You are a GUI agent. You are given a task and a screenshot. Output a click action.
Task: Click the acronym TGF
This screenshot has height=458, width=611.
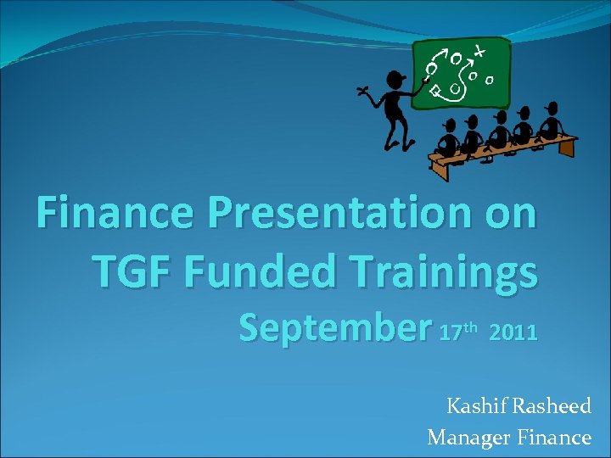click(131, 271)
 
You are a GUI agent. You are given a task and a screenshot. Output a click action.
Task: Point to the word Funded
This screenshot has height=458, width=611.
click(266, 271)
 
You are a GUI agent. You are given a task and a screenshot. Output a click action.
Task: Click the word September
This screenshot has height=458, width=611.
click(334, 328)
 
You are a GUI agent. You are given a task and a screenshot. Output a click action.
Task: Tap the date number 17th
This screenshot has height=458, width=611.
click(459, 330)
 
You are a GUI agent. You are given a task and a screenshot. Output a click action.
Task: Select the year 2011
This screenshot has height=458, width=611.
click(513, 332)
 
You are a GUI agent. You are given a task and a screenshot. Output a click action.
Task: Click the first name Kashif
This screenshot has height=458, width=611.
click(477, 406)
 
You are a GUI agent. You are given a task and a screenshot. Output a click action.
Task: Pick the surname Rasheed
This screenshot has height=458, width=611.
click(552, 406)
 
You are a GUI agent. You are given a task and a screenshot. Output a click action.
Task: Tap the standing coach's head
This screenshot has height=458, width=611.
click(395, 80)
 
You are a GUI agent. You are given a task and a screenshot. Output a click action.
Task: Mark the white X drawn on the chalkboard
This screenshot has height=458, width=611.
click(480, 51)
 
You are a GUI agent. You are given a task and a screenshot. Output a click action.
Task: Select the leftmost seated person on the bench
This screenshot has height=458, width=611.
click(447, 136)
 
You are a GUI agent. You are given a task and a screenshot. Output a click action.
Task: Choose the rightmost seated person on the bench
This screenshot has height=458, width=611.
click(551, 121)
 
